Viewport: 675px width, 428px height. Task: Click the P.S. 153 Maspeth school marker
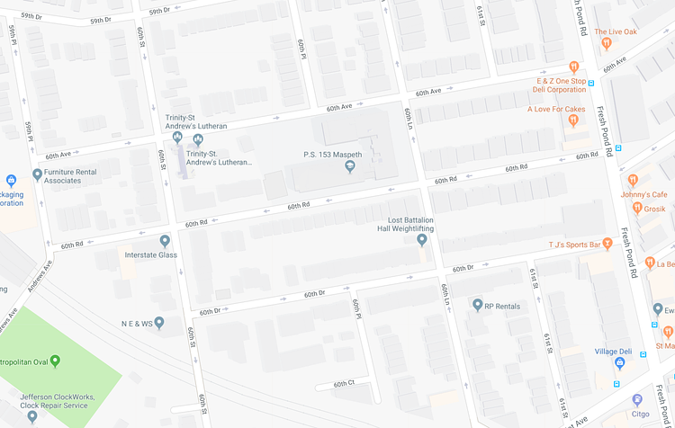pyautogui.click(x=350, y=166)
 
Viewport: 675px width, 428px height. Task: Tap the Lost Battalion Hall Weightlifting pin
pyautogui.click(x=422, y=240)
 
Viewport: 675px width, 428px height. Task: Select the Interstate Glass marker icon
pyautogui.click(x=165, y=241)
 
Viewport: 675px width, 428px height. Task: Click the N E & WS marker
pyautogui.click(x=159, y=322)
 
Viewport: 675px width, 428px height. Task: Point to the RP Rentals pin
pyautogui.click(x=477, y=306)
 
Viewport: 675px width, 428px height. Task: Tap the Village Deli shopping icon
pyautogui.click(x=619, y=362)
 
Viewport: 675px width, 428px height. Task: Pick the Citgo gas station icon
pyautogui.click(x=637, y=399)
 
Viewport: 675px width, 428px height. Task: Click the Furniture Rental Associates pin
pyautogui.click(x=37, y=174)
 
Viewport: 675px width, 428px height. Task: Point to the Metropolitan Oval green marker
pyautogui.click(x=55, y=361)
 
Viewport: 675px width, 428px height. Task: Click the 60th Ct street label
pyautogui.click(x=344, y=384)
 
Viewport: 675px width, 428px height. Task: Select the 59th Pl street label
pyautogui.click(x=13, y=37)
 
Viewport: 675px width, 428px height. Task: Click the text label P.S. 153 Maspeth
pyautogui.click(x=332, y=155)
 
